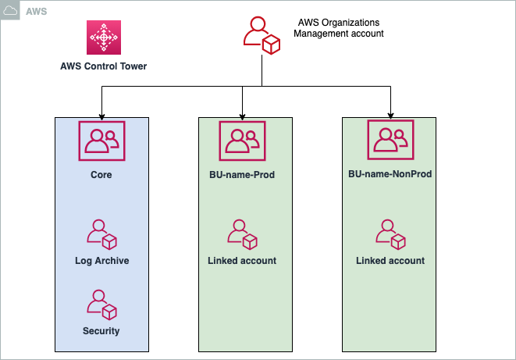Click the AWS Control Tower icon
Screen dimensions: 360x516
(x=103, y=37)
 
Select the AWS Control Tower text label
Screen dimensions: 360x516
(x=104, y=66)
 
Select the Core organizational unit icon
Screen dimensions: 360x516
(x=101, y=141)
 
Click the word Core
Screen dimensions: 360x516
(x=101, y=175)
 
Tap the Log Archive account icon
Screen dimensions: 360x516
(x=101, y=236)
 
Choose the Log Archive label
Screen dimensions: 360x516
(x=101, y=261)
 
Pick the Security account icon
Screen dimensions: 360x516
(x=101, y=305)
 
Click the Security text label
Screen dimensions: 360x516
(x=101, y=331)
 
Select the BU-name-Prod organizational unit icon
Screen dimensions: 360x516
(x=244, y=141)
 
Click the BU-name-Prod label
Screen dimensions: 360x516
(x=244, y=175)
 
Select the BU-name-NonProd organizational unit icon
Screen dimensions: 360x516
(x=390, y=141)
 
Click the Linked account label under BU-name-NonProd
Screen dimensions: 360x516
(x=390, y=261)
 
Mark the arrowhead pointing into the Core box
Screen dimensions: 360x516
(x=101, y=113)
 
